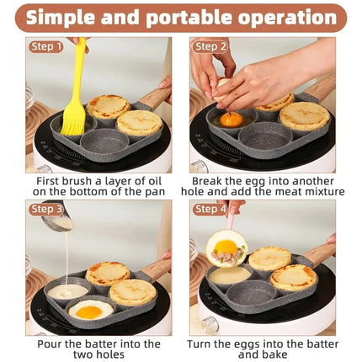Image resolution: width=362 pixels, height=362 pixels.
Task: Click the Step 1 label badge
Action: click(46, 47)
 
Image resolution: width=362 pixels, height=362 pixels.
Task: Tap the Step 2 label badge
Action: click(210, 47)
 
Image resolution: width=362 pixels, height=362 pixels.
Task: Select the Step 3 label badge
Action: click(46, 210)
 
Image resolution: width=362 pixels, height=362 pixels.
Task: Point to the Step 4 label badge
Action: click(210, 210)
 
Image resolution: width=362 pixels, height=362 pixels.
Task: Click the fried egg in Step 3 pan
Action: click(90, 310)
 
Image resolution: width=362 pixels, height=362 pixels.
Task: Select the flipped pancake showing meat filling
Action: click(226, 248)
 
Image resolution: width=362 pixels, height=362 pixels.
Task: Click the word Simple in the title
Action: click(80, 18)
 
